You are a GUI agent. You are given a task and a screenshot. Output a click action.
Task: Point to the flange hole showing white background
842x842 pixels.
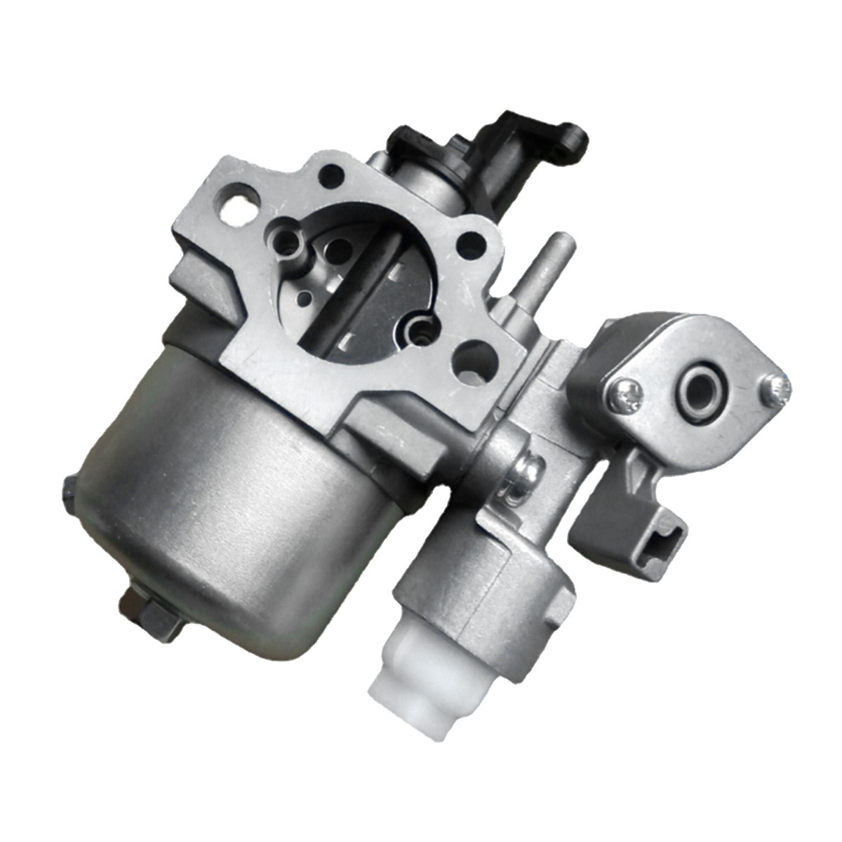click(x=233, y=198)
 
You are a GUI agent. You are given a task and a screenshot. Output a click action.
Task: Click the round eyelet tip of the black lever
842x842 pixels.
click(x=575, y=133)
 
